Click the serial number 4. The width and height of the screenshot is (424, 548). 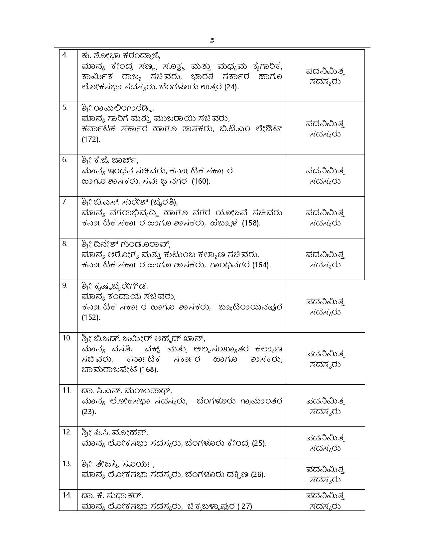[x=65, y=55]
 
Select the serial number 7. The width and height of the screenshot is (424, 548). [x=65, y=202]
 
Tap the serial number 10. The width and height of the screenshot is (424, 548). [x=67, y=338]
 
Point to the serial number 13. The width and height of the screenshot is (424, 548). [x=67, y=464]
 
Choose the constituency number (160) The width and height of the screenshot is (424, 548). [x=201, y=181]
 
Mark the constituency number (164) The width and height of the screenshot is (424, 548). [x=261, y=265]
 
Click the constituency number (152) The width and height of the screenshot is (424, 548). [x=91, y=318]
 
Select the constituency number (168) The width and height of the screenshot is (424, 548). [x=148, y=370]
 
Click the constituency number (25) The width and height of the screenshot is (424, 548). [x=259, y=443]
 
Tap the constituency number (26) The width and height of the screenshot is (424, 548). [x=258, y=475]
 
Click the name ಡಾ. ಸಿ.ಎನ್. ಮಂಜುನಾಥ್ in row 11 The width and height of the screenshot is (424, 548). [x=127, y=391]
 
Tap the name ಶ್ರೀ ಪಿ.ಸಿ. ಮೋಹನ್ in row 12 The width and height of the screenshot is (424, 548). [x=115, y=433]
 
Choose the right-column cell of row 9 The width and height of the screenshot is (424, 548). [x=325, y=306]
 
